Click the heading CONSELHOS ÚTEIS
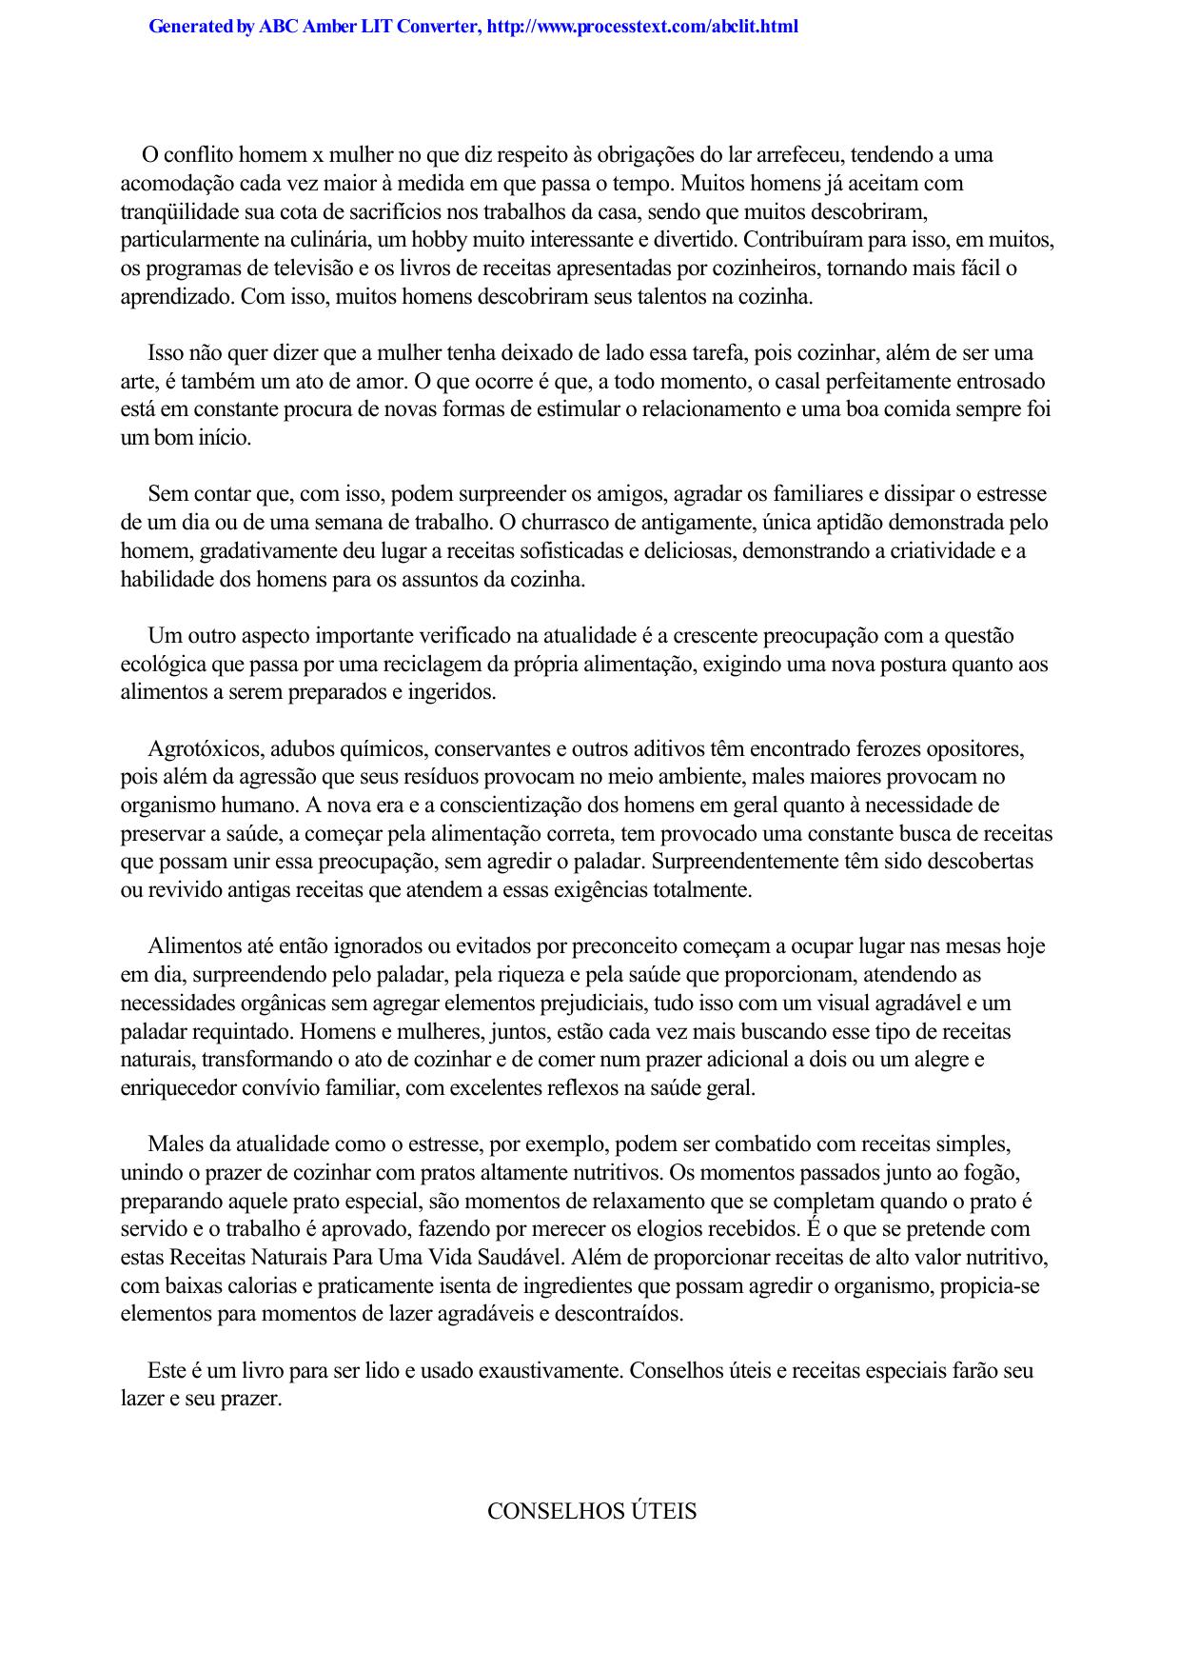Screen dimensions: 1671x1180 pos(591,1511)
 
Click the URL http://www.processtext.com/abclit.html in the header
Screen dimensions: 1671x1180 pos(641,27)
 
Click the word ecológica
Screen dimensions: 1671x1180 pos(162,665)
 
